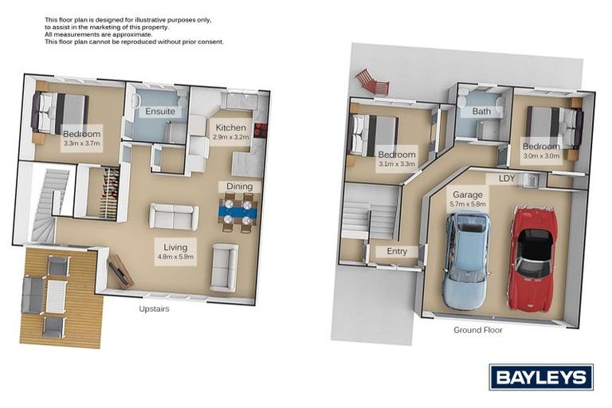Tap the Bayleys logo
[x=540, y=377]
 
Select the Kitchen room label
[x=231, y=127]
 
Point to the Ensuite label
[x=159, y=112]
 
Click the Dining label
[x=239, y=186]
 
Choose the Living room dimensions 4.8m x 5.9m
[x=176, y=257]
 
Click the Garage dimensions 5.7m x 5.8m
[x=469, y=204]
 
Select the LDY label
[x=506, y=179]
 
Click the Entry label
[x=396, y=252]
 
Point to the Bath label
[x=481, y=112]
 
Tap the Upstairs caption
[x=154, y=308]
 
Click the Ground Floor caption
[x=477, y=330]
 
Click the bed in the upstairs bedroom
[x=60, y=110]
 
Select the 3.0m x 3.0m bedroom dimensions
[x=541, y=156]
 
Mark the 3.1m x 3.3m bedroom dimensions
[x=396, y=164]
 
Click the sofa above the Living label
[x=174, y=217]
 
